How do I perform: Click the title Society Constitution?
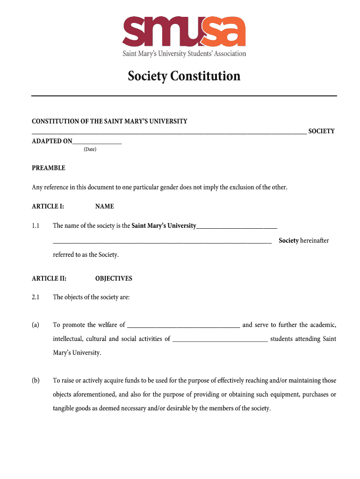184,76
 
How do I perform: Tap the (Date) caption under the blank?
90,149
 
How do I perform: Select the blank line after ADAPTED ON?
97,141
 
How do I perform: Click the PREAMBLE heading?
49,168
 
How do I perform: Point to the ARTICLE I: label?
48,206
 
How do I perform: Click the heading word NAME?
104,206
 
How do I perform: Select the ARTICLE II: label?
49,278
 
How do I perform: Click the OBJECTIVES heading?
114,278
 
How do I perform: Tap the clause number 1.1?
36,226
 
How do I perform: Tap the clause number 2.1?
36,297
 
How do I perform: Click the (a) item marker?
36,325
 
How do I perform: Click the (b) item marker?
36,380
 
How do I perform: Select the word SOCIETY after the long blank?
322,131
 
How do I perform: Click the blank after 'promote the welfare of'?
183,326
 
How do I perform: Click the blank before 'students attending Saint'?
220,340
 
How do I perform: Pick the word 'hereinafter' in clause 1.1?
315,240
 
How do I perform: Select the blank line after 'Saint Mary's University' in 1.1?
237,227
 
